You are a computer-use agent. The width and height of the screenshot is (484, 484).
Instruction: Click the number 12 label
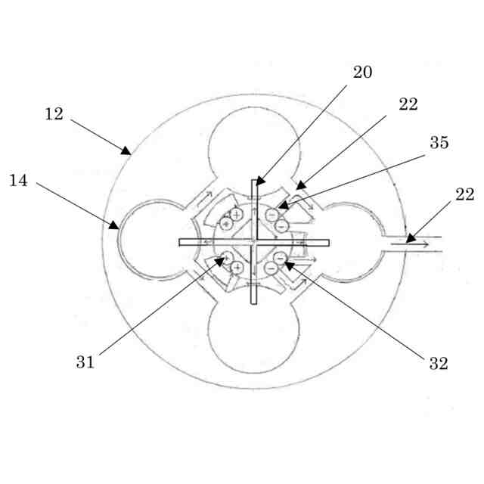(54, 114)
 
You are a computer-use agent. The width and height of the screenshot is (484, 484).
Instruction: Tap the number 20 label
(362, 73)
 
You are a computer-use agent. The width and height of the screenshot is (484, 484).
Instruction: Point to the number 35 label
(439, 142)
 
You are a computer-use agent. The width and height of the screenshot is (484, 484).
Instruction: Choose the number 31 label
(85, 362)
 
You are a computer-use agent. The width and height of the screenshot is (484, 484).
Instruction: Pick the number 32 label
(439, 364)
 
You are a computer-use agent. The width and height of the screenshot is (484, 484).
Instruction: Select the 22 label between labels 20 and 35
(408, 104)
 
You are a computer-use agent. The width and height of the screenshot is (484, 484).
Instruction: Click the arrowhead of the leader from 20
(258, 181)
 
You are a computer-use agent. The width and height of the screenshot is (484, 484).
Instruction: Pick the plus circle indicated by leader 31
(224, 259)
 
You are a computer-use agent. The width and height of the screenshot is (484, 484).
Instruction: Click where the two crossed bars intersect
(255, 243)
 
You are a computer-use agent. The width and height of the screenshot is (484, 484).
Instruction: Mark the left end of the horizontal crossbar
(181, 243)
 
